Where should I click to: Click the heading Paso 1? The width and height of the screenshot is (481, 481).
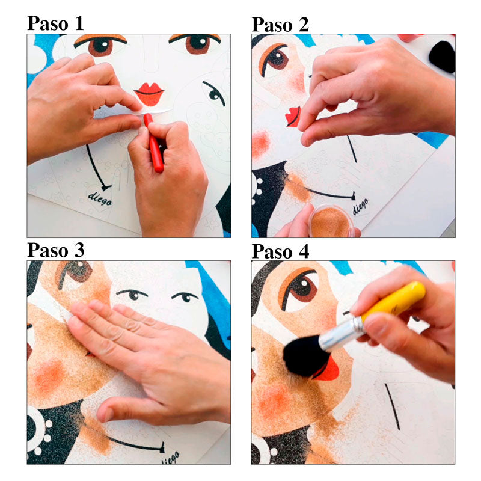click(x=55, y=23)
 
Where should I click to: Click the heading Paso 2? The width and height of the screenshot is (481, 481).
click(x=280, y=25)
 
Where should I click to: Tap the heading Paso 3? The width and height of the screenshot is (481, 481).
click(x=55, y=250)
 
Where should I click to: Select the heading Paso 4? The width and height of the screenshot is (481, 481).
click(x=280, y=251)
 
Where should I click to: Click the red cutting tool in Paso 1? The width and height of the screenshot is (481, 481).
click(x=153, y=142)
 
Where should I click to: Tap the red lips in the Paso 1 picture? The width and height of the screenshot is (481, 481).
click(x=149, y=94)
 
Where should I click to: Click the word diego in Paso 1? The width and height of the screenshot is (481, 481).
click(x=100, y=199)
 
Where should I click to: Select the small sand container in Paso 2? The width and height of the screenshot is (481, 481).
click(x=331, y=221)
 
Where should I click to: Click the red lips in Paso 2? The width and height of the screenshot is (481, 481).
click(x=293, y=117)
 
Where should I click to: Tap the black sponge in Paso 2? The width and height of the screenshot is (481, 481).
click(x=442, y=57)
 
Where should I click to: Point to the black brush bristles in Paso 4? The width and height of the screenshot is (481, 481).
click(x=305, y=356)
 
